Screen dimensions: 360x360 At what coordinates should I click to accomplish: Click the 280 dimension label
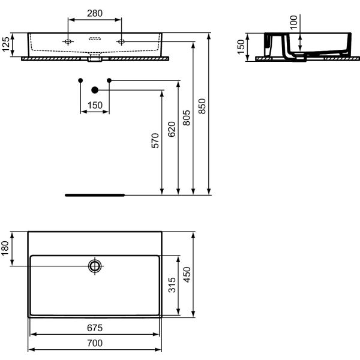coord(95,13)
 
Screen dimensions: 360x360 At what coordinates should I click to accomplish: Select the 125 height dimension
coord(6,44)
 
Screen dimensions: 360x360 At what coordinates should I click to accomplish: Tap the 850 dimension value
coord(202,106)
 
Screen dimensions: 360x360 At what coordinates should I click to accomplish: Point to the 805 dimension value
coord(187,118)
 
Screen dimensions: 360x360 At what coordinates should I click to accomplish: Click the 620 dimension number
coord(172,129)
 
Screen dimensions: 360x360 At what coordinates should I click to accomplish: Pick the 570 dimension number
coord(155,140)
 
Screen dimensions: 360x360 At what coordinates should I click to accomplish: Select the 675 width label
coord(95,328)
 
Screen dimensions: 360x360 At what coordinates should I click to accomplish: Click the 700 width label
coord(95,343)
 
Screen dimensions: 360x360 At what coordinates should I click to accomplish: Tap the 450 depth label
coord(187,275)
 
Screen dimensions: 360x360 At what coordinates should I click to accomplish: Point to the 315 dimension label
coord(172,285)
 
